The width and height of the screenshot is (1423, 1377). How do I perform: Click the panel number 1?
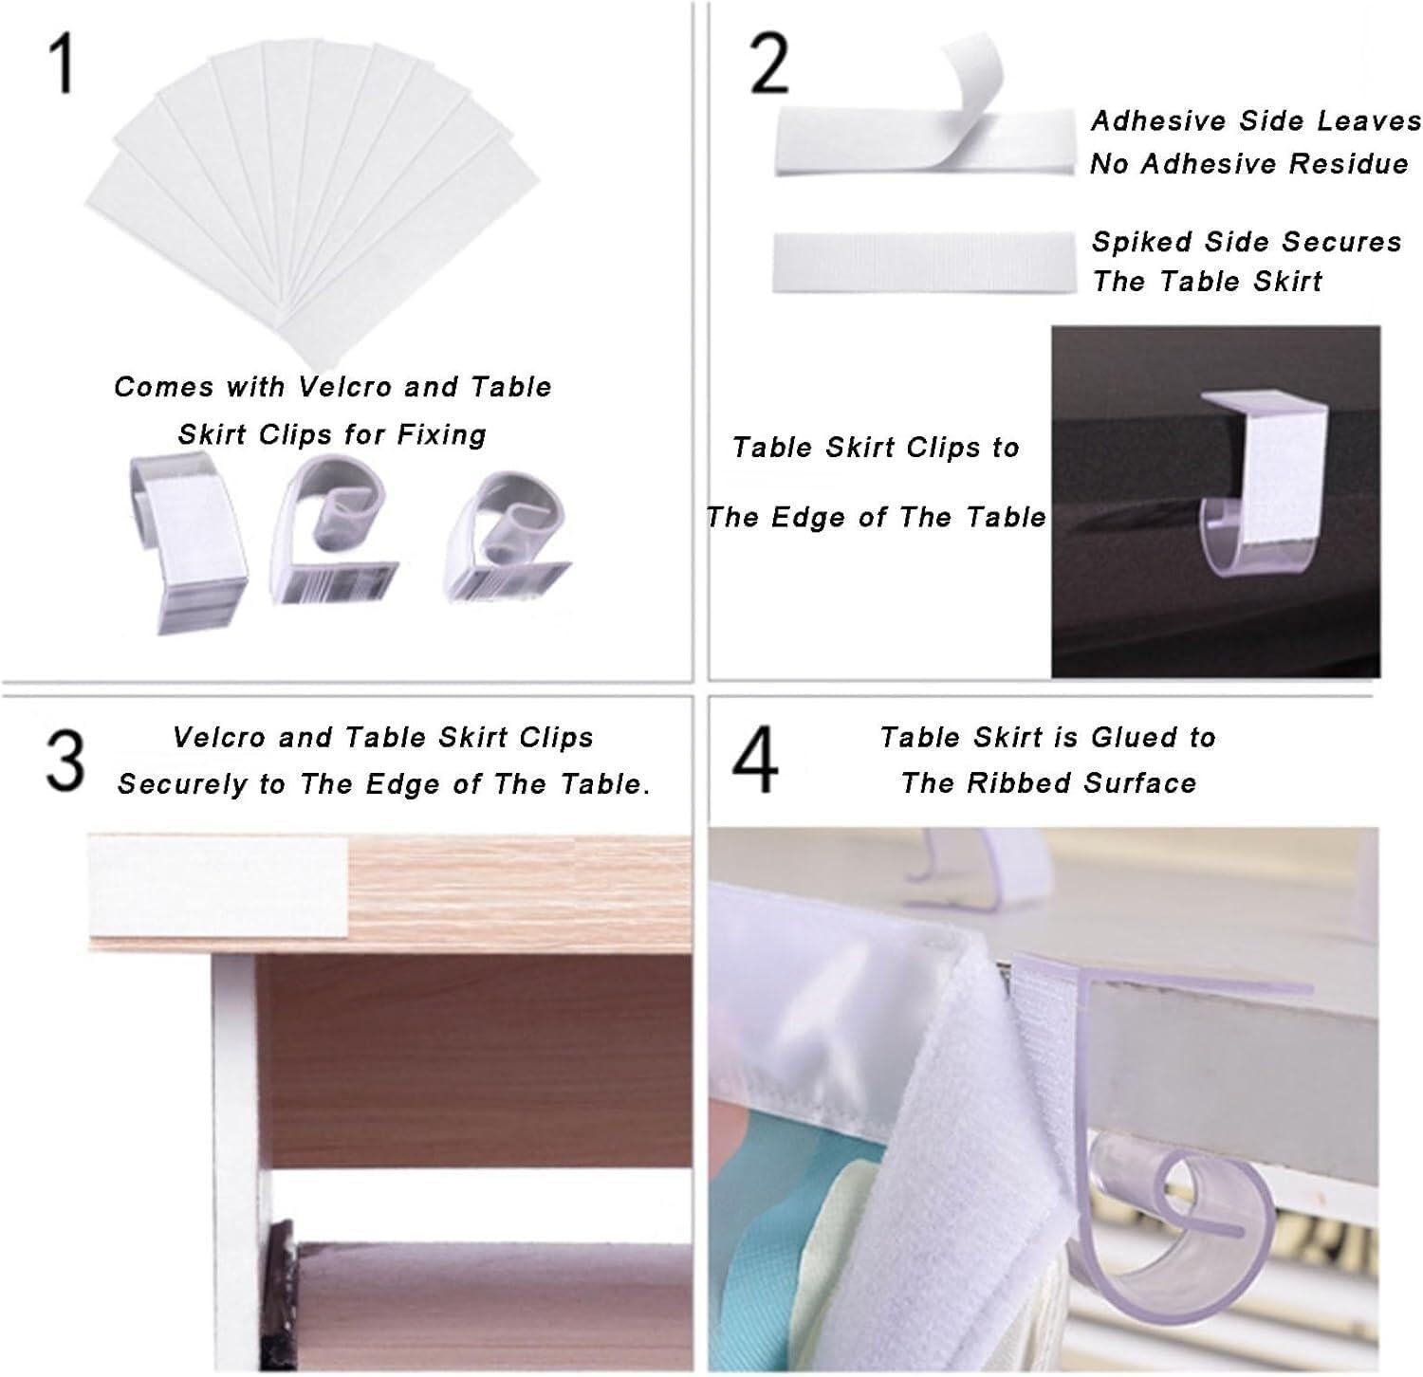(x=61, y=64)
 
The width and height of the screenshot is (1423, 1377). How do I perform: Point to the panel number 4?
(x=756, y=761)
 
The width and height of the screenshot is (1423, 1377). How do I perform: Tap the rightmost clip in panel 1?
(x=508, y=536)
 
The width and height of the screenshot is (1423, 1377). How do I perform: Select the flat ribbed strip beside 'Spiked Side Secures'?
(x=926, y=263)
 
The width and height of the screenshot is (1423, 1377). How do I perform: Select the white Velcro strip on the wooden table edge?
(x=219, y=884)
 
